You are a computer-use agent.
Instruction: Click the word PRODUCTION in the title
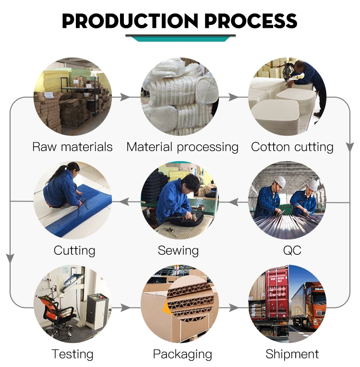130,21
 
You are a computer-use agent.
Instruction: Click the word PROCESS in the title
249,21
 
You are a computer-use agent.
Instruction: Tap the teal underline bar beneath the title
180,38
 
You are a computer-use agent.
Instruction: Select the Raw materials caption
72,147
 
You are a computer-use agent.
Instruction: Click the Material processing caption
182,147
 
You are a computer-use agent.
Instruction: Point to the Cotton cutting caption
292,147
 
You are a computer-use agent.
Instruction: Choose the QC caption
292,250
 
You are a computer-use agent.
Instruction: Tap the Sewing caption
178,250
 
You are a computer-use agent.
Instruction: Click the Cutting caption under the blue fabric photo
74,250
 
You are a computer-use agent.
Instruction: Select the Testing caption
72,355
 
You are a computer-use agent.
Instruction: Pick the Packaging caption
182,355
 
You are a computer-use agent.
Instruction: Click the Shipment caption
292,355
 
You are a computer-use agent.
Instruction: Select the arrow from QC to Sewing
234,202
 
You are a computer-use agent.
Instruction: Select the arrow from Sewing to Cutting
124,202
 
